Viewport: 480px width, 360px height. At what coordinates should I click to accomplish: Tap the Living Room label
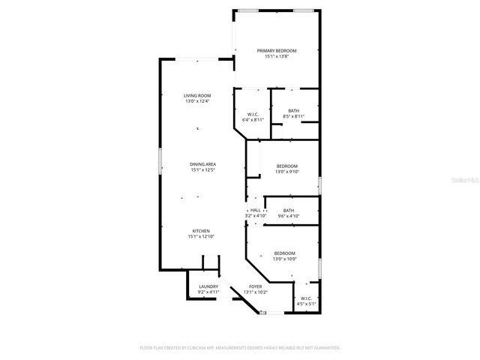click(x=198, y=95)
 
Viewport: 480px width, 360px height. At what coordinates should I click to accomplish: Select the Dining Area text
click(x=202, y=164)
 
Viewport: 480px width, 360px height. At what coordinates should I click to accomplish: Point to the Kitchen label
click(x=200, y=231)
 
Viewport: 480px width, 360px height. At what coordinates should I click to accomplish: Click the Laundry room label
click(x=208, y=286)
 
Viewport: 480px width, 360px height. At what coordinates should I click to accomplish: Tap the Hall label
click(x=255, y=210)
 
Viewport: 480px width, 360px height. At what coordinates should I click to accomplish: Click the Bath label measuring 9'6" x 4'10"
click(x=289, y=210)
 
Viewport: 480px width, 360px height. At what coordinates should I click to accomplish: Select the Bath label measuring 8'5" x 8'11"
click(x=293, y=111)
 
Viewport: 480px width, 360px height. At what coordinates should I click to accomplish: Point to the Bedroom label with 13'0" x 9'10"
click(x=286, y=166)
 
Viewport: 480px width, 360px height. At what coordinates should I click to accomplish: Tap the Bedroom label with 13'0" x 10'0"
click(x=284, y=253)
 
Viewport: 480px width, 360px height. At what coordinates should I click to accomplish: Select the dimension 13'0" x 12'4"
click(x=198, y=101)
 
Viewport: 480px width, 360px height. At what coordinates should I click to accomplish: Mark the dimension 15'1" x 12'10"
click(x=201, y=237)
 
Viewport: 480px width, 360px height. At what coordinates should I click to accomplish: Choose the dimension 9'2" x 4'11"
click(x=208, y=292)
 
